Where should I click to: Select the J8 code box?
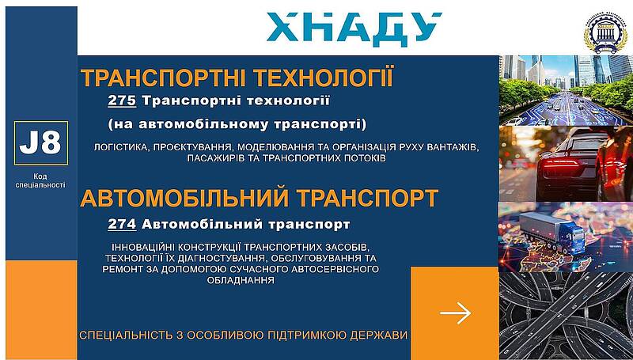pos(41,143)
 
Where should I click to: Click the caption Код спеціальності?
pos(40,181)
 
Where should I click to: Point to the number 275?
pos(122,100)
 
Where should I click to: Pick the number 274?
pos(122,224)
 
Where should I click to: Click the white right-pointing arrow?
pos(456,313)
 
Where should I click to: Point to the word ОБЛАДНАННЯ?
pos(241,279)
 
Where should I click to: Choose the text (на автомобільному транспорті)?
pos(237,124)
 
